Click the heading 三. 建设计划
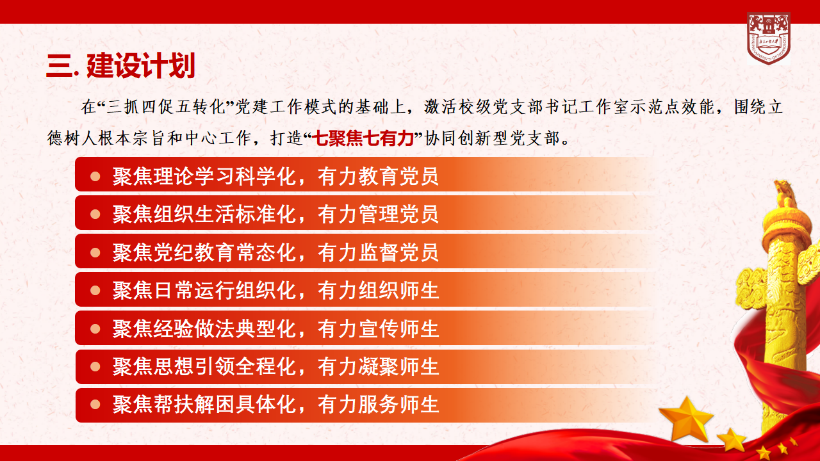120,66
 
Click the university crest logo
768,38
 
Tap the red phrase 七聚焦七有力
365,138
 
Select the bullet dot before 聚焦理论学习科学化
95,176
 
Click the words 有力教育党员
378,176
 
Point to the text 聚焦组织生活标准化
204,214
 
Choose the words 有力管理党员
378,214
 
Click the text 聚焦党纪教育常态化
204,252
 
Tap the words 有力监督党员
378,252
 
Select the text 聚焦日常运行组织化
204,291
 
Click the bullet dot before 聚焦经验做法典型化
95,328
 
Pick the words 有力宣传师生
378,328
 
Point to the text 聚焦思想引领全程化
204,367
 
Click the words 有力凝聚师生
378,367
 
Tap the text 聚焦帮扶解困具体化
204,405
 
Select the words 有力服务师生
378,405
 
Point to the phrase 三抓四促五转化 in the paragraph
166,107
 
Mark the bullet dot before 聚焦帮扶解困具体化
95,405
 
